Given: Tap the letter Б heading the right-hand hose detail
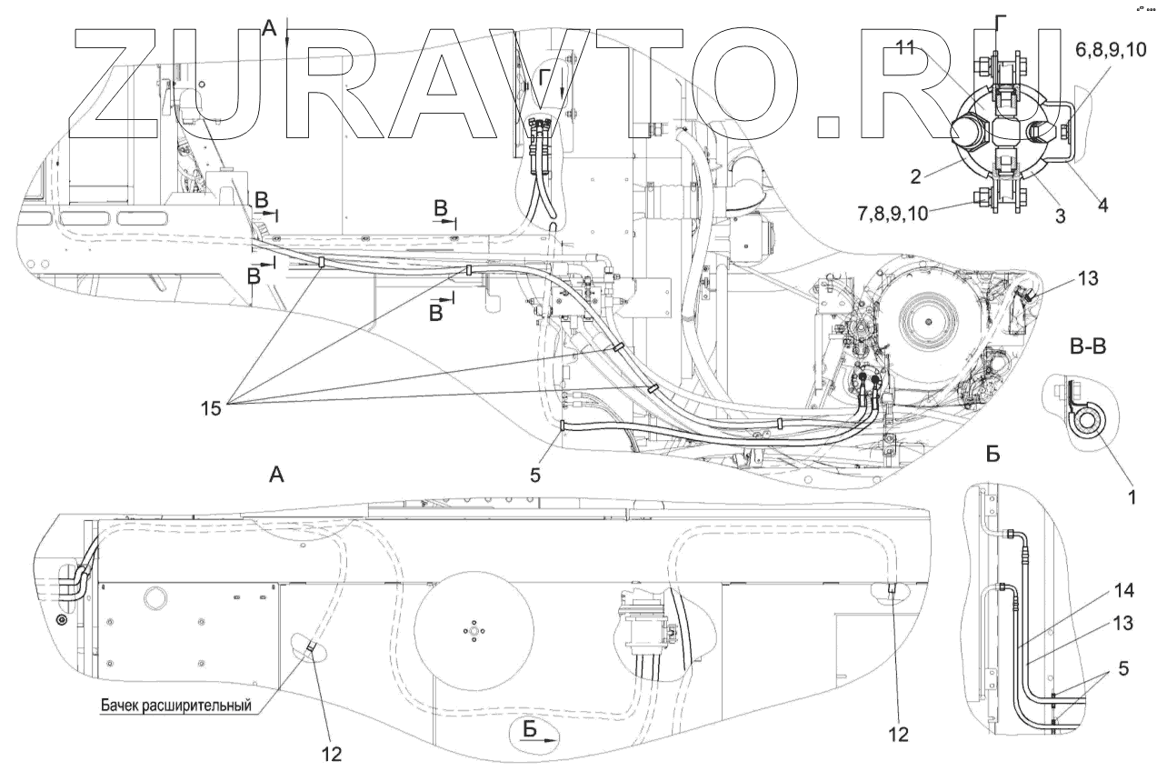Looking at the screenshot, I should click(993, 452).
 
